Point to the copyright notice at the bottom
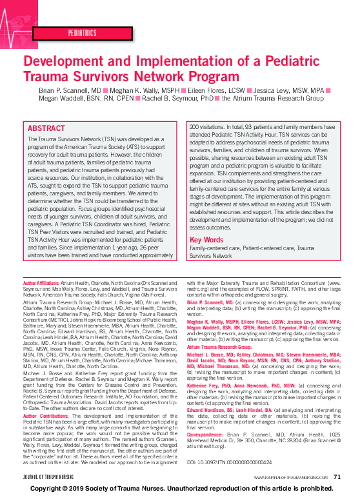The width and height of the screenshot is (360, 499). pos(180,489)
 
